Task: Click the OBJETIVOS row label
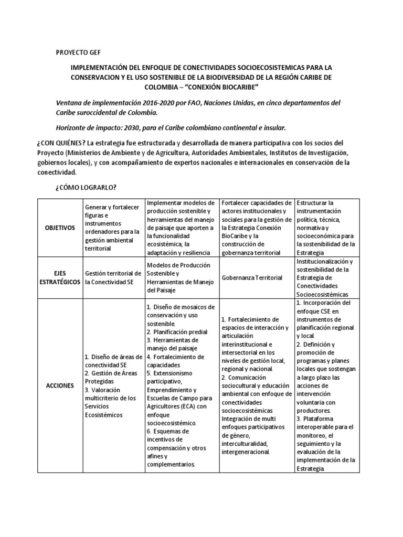coord(59,228)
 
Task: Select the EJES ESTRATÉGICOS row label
coord(59,277)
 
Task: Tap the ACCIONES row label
coord(59,385)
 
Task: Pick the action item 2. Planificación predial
coord(177,332)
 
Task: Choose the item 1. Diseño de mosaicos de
coord(179,307)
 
